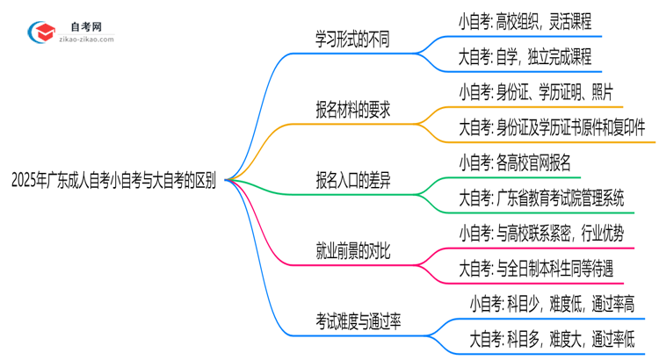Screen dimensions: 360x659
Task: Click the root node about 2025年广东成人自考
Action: [114, 181]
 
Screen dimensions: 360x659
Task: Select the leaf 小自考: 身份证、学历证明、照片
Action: [536, 91]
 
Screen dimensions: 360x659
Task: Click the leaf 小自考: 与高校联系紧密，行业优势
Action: [536, 234]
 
